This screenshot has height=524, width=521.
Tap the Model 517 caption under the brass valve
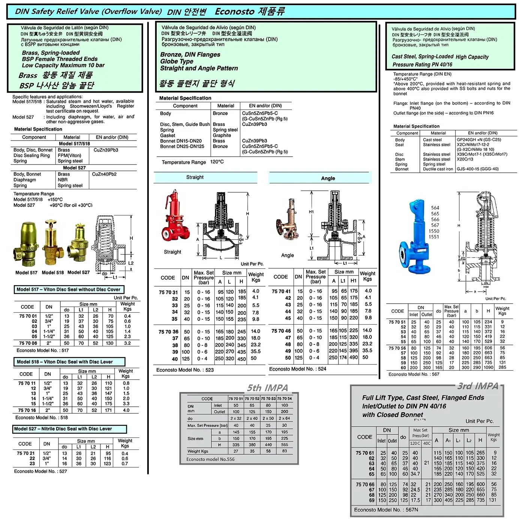click(26, 273)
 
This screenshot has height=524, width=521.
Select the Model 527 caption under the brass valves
click(78, 272)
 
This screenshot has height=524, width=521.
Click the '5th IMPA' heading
click(268, 388)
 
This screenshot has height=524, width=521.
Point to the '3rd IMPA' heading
click(478, 386)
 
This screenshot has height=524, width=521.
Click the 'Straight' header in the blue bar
click(195, 177)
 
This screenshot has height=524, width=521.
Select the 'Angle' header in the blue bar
click(328, 178)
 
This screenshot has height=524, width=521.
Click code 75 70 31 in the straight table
click(168, 292)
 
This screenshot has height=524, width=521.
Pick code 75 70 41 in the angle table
click(281, 291)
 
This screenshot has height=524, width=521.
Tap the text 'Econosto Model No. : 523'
click(185, 370)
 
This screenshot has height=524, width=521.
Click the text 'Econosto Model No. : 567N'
click(386, 510)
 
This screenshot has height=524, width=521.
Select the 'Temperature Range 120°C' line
click(192, 162)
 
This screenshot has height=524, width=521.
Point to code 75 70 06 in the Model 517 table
click(28, 343)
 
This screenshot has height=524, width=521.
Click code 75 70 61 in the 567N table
click(365, 453)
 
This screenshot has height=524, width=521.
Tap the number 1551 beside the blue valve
click(434, 237)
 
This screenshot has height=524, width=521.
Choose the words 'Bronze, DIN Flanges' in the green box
click(190, 55)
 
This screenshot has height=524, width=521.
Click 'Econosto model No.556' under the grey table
click(210, 459)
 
